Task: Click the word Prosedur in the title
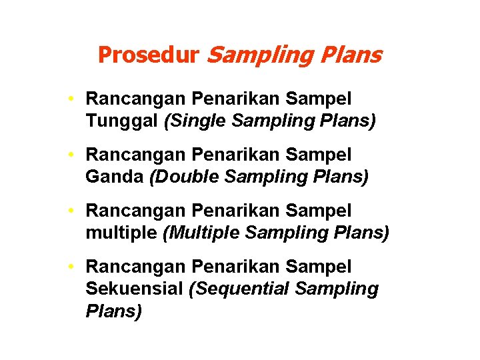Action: [x=148, y=55]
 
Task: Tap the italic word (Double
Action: [x=184, y=177]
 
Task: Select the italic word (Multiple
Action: [x=199, y=233]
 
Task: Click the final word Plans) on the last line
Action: [x=114, y=312]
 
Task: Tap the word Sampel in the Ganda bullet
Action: [x=318, y=155]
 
